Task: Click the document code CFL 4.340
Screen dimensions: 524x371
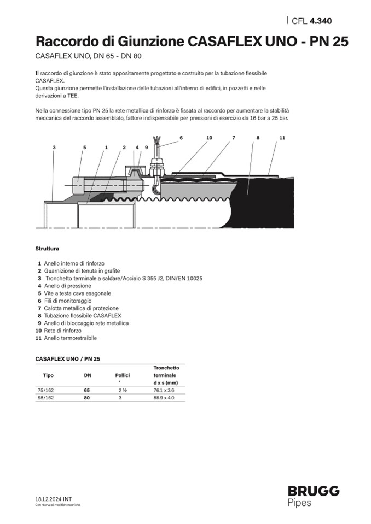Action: tap(311, 21)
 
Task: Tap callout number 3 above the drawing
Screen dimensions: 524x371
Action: tap(54, 148)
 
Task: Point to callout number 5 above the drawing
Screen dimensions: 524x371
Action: tap(85, 148)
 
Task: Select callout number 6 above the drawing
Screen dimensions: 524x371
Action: tap(181, 138)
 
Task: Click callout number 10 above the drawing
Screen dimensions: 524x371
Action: tap(209, 138)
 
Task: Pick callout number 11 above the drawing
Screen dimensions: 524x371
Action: tap(282, 138)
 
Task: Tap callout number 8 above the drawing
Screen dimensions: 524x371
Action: tap(257, 138)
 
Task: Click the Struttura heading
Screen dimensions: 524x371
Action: tap(47, 248)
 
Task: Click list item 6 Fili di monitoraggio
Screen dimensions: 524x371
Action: tap(65, 301)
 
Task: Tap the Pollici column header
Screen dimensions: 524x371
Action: tap(122, 375)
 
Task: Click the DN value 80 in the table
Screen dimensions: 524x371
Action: tap(86, 398)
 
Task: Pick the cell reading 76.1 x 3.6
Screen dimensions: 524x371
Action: tap(165, 391)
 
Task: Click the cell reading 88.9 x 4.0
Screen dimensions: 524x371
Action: tap(165, 398)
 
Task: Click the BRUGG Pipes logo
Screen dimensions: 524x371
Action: tap(313, 496)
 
